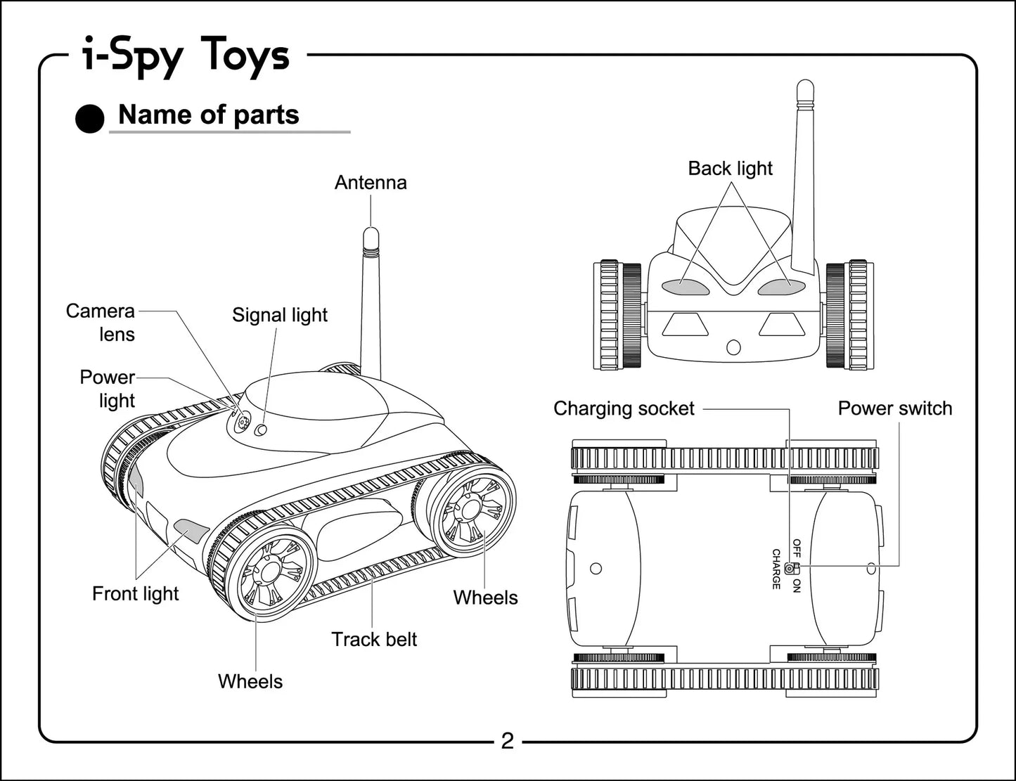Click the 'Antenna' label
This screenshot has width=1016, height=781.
pyautogui.click(x=371, y=183)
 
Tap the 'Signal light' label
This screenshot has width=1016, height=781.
pyautogui.click(x=280, y=315)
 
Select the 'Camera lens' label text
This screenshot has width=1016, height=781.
pyautogui.click(x=101, y=323)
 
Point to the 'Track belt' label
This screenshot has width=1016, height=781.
pyautogui.click(x=374, y=640)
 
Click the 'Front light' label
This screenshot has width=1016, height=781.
pyautogui.click(x=136, y=594)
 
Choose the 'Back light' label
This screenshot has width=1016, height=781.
pyautogui.click(x=730, y=169)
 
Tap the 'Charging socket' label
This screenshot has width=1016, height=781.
pyautogui.click(x=624, y=408)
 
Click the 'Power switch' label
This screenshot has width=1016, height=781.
pyautogui.click(x=895, y=408)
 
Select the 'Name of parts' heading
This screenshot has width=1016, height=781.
pyautogui.click(x=209, y=115)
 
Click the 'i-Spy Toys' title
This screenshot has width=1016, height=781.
pyautogui.click(x=186, y=56)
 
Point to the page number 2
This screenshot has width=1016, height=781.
pyautogui.click(x=507, y=741)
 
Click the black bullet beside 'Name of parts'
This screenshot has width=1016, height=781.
pyautogui.click(x=90, y=119)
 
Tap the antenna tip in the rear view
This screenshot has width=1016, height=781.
pyautogui.click(x=805, y=89)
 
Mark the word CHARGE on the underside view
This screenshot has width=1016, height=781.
pyautogui.click(x=776, y=569)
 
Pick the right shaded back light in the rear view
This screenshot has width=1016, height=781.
pyautogui.click(x=781, y=287)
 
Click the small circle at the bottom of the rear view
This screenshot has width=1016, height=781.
pyautogui.click(x=733, y=347)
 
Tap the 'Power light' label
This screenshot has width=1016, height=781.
pyautogui.click(x=107, y=389)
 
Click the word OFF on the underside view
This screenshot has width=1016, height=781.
pyautogui.click(x=797, y=548)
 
